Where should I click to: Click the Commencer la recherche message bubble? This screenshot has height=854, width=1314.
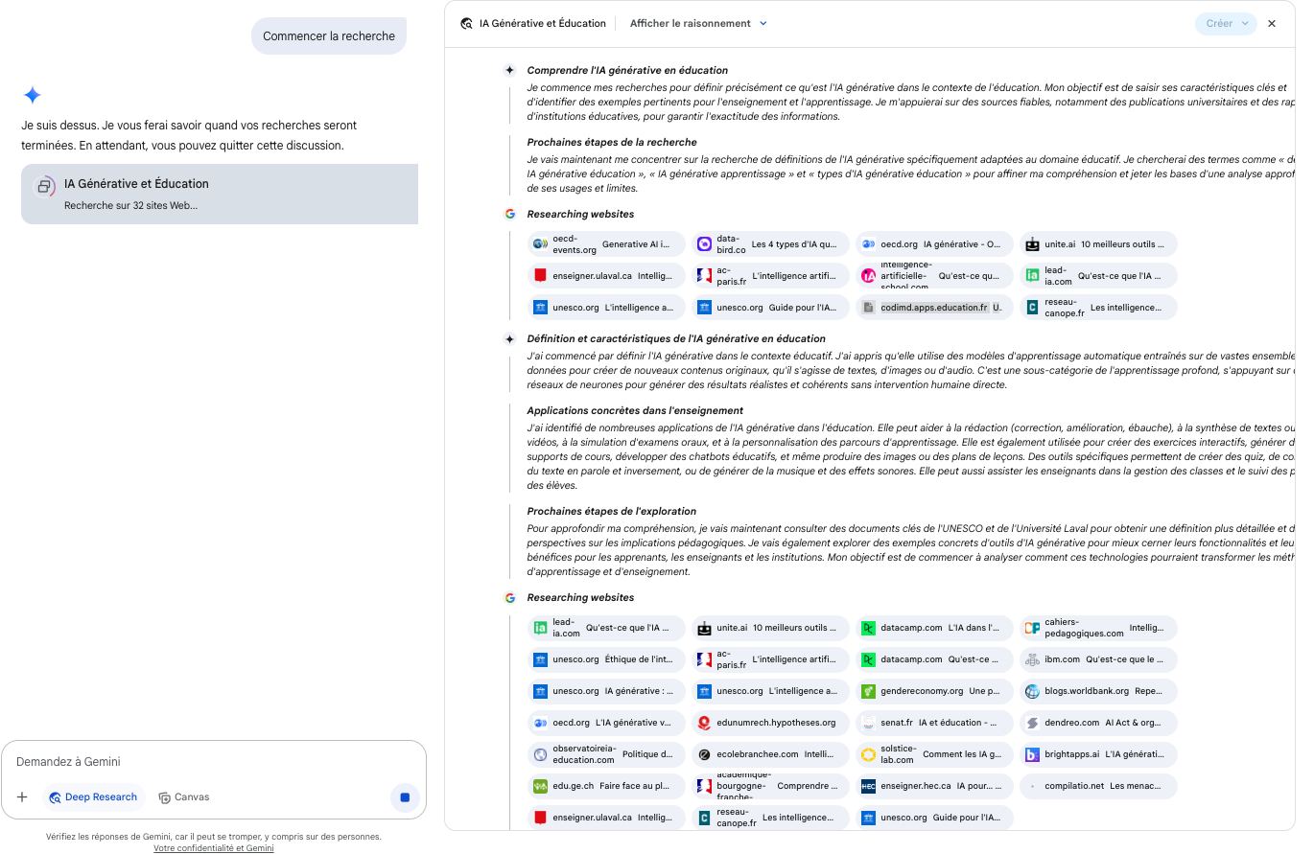(329, 36)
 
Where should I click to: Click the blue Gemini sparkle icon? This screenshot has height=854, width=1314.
(32, 95)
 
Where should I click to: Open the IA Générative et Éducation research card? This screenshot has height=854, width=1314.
(220, 194)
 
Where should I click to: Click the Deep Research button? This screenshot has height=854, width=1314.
(93, 797)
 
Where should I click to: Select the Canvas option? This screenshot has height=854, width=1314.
(184, 797)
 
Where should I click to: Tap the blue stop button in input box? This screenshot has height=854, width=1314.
(405, 797)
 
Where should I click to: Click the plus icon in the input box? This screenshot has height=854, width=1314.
(22, 797)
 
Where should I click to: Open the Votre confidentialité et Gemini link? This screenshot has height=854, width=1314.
(213, 848)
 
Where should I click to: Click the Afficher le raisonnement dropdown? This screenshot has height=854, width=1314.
(698, 23)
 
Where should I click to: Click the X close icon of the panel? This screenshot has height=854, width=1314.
(1272, 23)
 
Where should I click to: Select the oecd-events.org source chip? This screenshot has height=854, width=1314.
(606, 244)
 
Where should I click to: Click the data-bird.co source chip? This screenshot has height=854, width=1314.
(770, 244)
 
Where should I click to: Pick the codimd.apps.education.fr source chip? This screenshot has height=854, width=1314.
(933, 308)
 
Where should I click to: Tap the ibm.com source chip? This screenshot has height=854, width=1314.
(1097, 659)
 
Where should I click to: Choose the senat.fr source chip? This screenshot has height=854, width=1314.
(933, 723)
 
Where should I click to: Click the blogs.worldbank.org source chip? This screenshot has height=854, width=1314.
(1097, 691)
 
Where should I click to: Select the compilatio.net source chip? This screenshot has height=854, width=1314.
(1097, 786)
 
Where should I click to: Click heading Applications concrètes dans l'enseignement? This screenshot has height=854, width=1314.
(635, 410)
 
